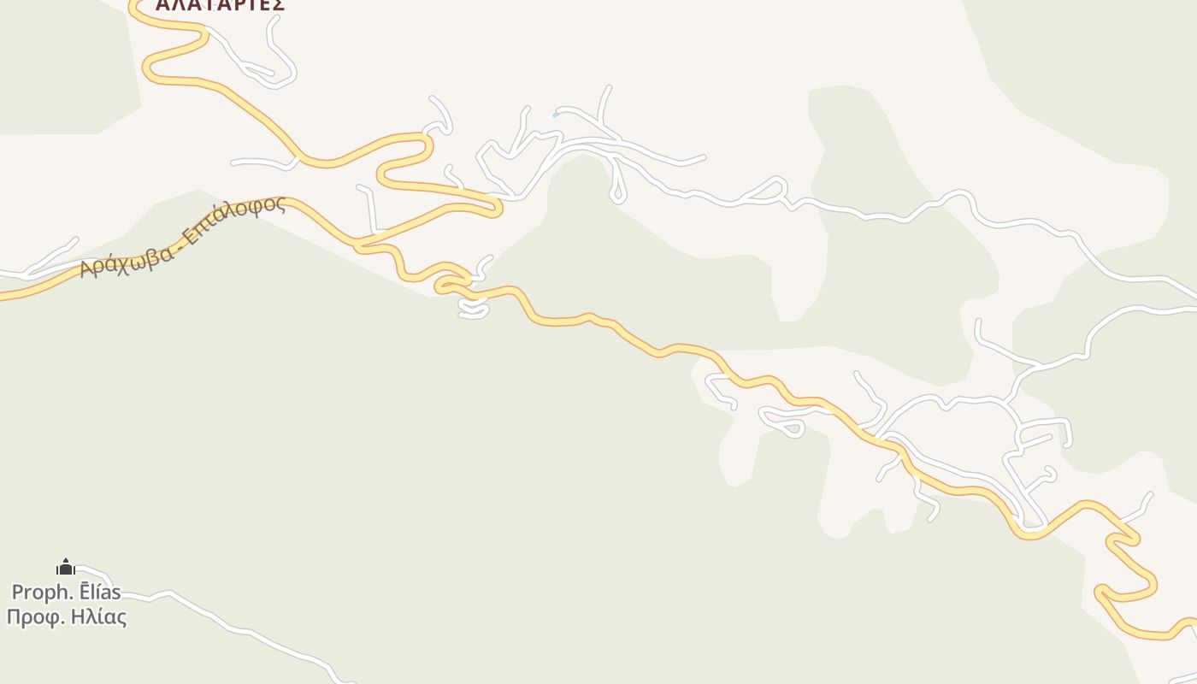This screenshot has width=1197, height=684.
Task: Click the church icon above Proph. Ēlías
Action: coord(66,567)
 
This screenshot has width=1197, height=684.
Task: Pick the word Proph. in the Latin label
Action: coord(38,592)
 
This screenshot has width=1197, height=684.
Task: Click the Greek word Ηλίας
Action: coord(98,616)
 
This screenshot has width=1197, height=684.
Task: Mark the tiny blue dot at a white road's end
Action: coord(555,115)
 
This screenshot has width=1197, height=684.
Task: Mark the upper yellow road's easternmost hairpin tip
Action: coord(498,206)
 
